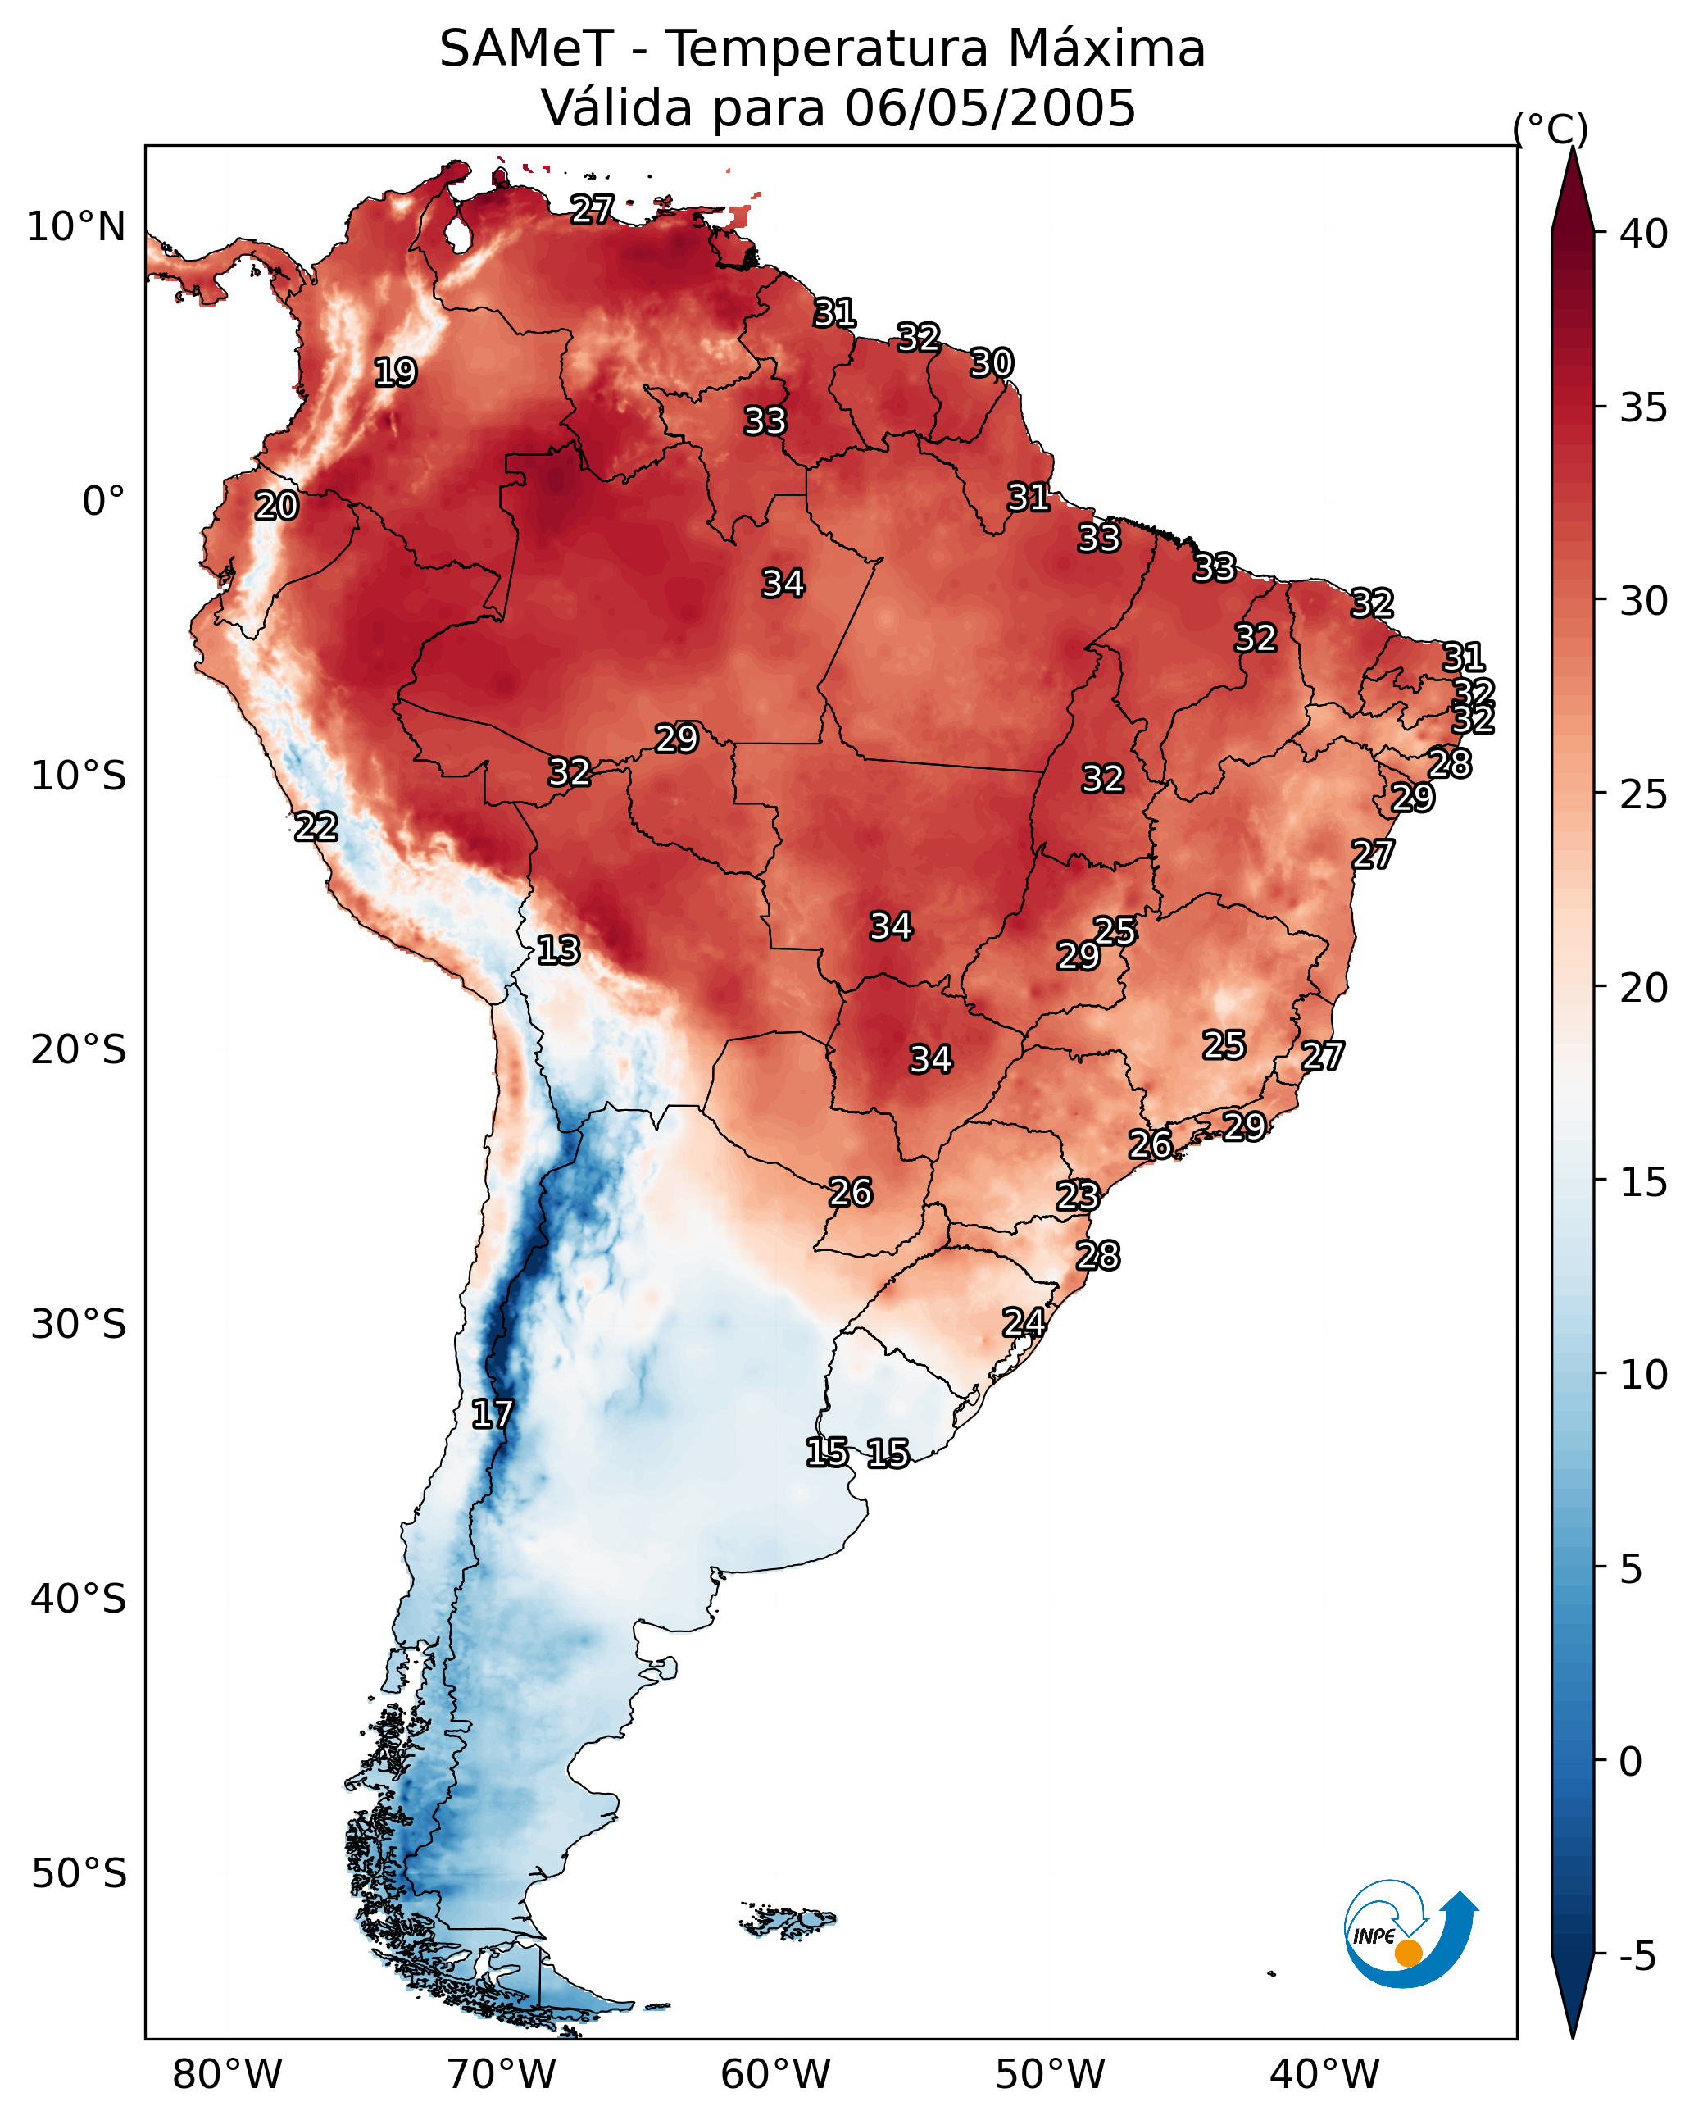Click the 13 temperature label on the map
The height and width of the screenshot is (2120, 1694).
558,950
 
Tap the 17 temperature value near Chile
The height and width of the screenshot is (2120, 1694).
492,1414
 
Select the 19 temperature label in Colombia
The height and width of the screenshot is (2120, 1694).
395,373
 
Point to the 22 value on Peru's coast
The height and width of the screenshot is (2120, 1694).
316,827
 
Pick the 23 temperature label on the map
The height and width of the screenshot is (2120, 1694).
1078,1196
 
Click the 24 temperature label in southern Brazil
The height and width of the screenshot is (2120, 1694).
1024,1322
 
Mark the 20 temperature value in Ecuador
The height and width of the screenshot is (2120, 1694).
276,507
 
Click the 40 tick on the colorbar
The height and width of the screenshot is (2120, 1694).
1644,234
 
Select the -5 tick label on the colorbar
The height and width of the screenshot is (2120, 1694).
1637,1956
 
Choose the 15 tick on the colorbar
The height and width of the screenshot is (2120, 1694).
1644,1182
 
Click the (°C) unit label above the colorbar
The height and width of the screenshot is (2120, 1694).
1551,129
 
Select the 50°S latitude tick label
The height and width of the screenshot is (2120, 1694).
79,1873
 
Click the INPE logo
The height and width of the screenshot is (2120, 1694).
1409,1933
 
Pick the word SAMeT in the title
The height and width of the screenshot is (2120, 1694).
526,49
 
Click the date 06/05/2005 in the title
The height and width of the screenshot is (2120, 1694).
990,108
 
